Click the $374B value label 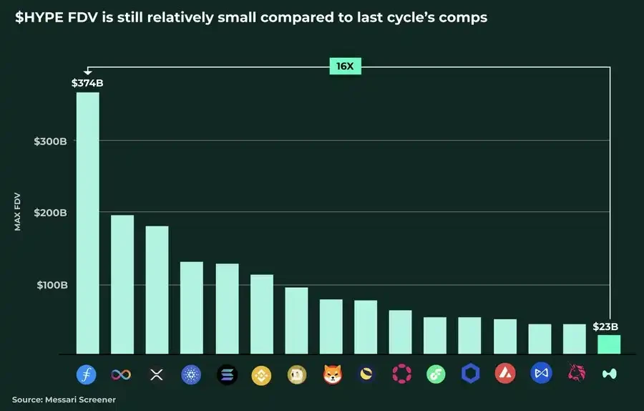click(87, 83)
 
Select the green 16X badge click(345, 67)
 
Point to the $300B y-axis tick click(50, 141)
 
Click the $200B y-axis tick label click(50, 213)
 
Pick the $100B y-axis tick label click(50, 284)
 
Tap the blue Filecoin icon click(87, 374)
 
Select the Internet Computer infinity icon click(121, 374)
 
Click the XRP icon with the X click(156, 374)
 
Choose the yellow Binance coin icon click(261, 374)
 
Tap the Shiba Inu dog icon click(331, 374)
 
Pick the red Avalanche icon click(505, 374)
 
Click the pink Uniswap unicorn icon click(575, 374)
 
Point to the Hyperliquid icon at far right click(609, 374)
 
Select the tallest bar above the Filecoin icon click(87, 222)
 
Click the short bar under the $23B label click(609, 344)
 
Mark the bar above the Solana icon click(227, 309)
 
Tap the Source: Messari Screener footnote click(64, 399)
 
